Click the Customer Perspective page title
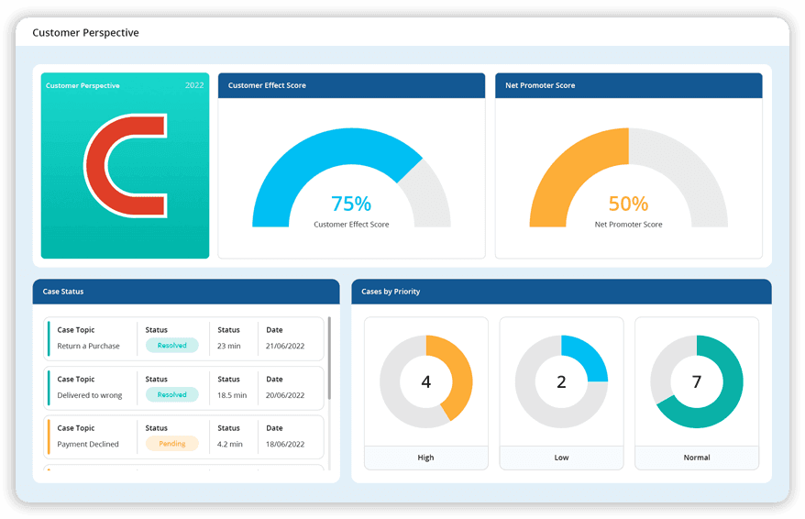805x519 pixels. tap(85, 33)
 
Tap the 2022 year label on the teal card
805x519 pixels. tap(194, 85)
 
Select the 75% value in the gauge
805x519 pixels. tap(351, 204)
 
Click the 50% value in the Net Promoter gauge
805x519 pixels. tap(628, 204)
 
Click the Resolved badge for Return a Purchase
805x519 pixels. tap(171, 346)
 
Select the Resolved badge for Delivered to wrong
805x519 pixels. tap(171, 395)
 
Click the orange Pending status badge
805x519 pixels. tap(171, 444)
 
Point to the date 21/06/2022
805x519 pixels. tap(285, 346)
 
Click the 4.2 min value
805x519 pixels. tap(230, 444)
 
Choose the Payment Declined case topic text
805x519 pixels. tap(88, 444)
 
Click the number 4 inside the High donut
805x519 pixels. tap(425, 381)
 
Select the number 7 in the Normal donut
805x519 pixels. tap(696, 381)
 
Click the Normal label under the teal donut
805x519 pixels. tap(696, 458)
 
